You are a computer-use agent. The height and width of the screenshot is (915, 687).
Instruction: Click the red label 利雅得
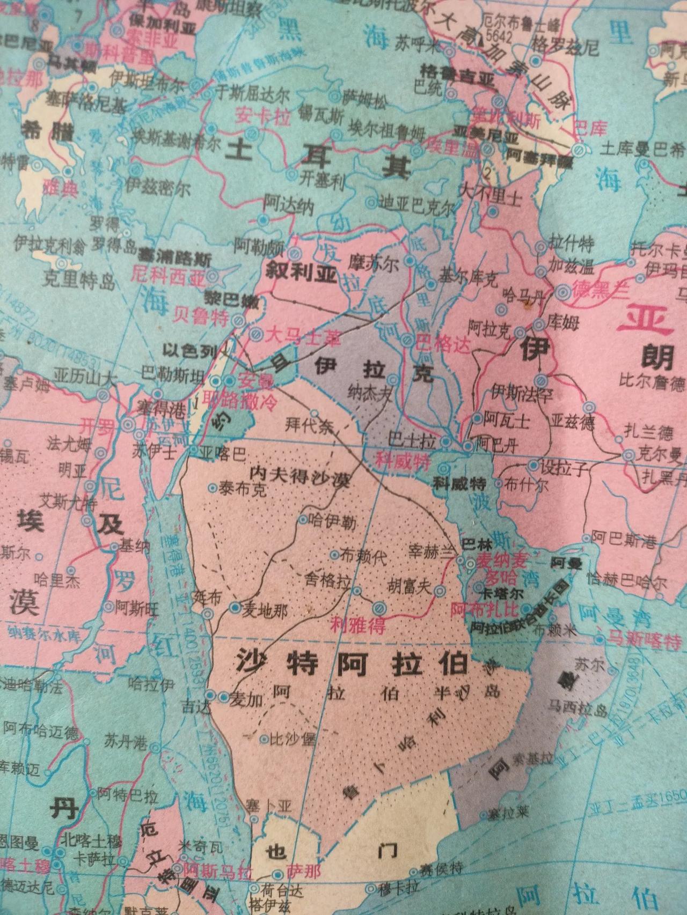point(359,625)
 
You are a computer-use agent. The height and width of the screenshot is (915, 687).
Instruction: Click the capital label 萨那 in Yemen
point(303,871)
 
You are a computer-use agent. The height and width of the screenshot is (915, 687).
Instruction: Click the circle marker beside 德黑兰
point(562,292)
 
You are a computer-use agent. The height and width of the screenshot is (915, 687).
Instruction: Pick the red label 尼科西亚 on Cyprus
point(168,277)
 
